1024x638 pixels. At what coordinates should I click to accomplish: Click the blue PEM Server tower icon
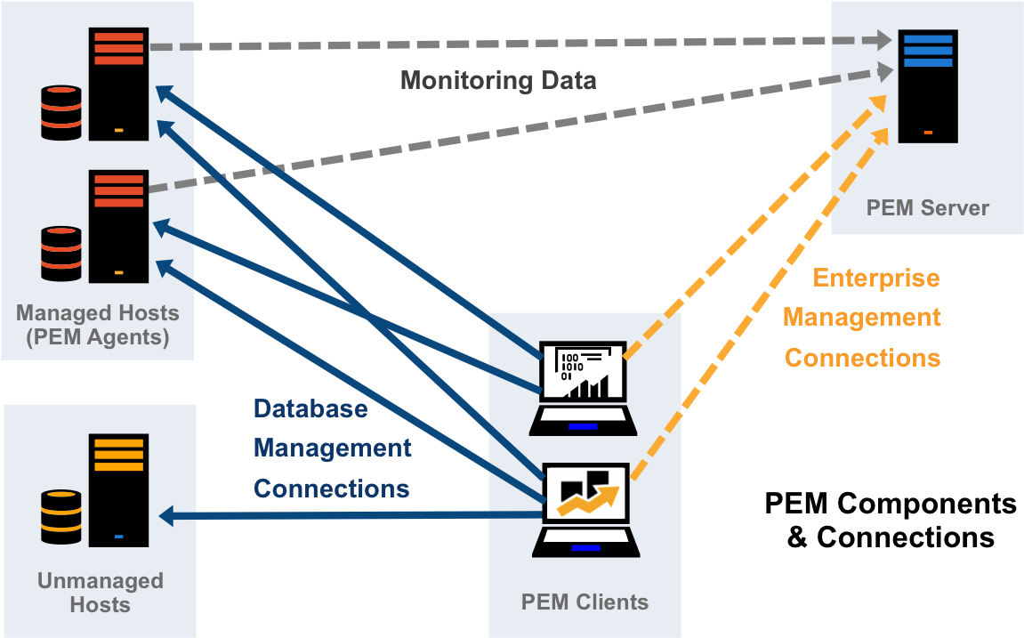pyautogui.click(x=927, y=86)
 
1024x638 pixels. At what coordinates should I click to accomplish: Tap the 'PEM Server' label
pyautogui.click(x=927, y=208)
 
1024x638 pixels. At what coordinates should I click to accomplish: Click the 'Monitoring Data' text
pyautogui.click(x=498, y=81)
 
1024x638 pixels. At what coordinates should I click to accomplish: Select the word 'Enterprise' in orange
pyautogui.click(x=876, y=279)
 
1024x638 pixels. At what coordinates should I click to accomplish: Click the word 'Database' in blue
pyautogui.click(x=310, y=408)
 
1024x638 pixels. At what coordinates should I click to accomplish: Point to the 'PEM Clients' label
pyautogui.click(x=585, y=602)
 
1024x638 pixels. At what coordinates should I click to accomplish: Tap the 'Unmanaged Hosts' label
pyautogui.click(x=100, y=593)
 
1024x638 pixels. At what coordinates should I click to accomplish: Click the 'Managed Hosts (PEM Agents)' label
pyautogui.click(x=97, y=325)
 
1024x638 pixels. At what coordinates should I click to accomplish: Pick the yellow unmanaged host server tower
pyautogui.click(x=118, y=490)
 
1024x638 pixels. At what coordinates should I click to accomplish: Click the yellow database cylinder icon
pyautogui.click(x=61, y=517)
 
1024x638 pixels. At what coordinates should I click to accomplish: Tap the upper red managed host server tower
pyautogui.click(x=118, y=84)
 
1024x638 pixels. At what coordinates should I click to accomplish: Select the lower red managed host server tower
pyautogui.click(x=118, y=226)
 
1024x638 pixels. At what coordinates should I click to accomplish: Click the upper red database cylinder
pyautogui.click(x=61, y=112)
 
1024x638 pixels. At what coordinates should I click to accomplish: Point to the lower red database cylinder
pyautogui.click(x=61, y=254)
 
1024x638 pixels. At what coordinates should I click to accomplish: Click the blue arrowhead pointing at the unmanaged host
pyautogui.click(x=167, y=515)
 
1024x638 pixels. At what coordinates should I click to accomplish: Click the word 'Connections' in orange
pyautogui.click(x=862, y=359)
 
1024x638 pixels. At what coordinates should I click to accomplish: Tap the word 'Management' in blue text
pyautogui.click(x=333, y=448)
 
